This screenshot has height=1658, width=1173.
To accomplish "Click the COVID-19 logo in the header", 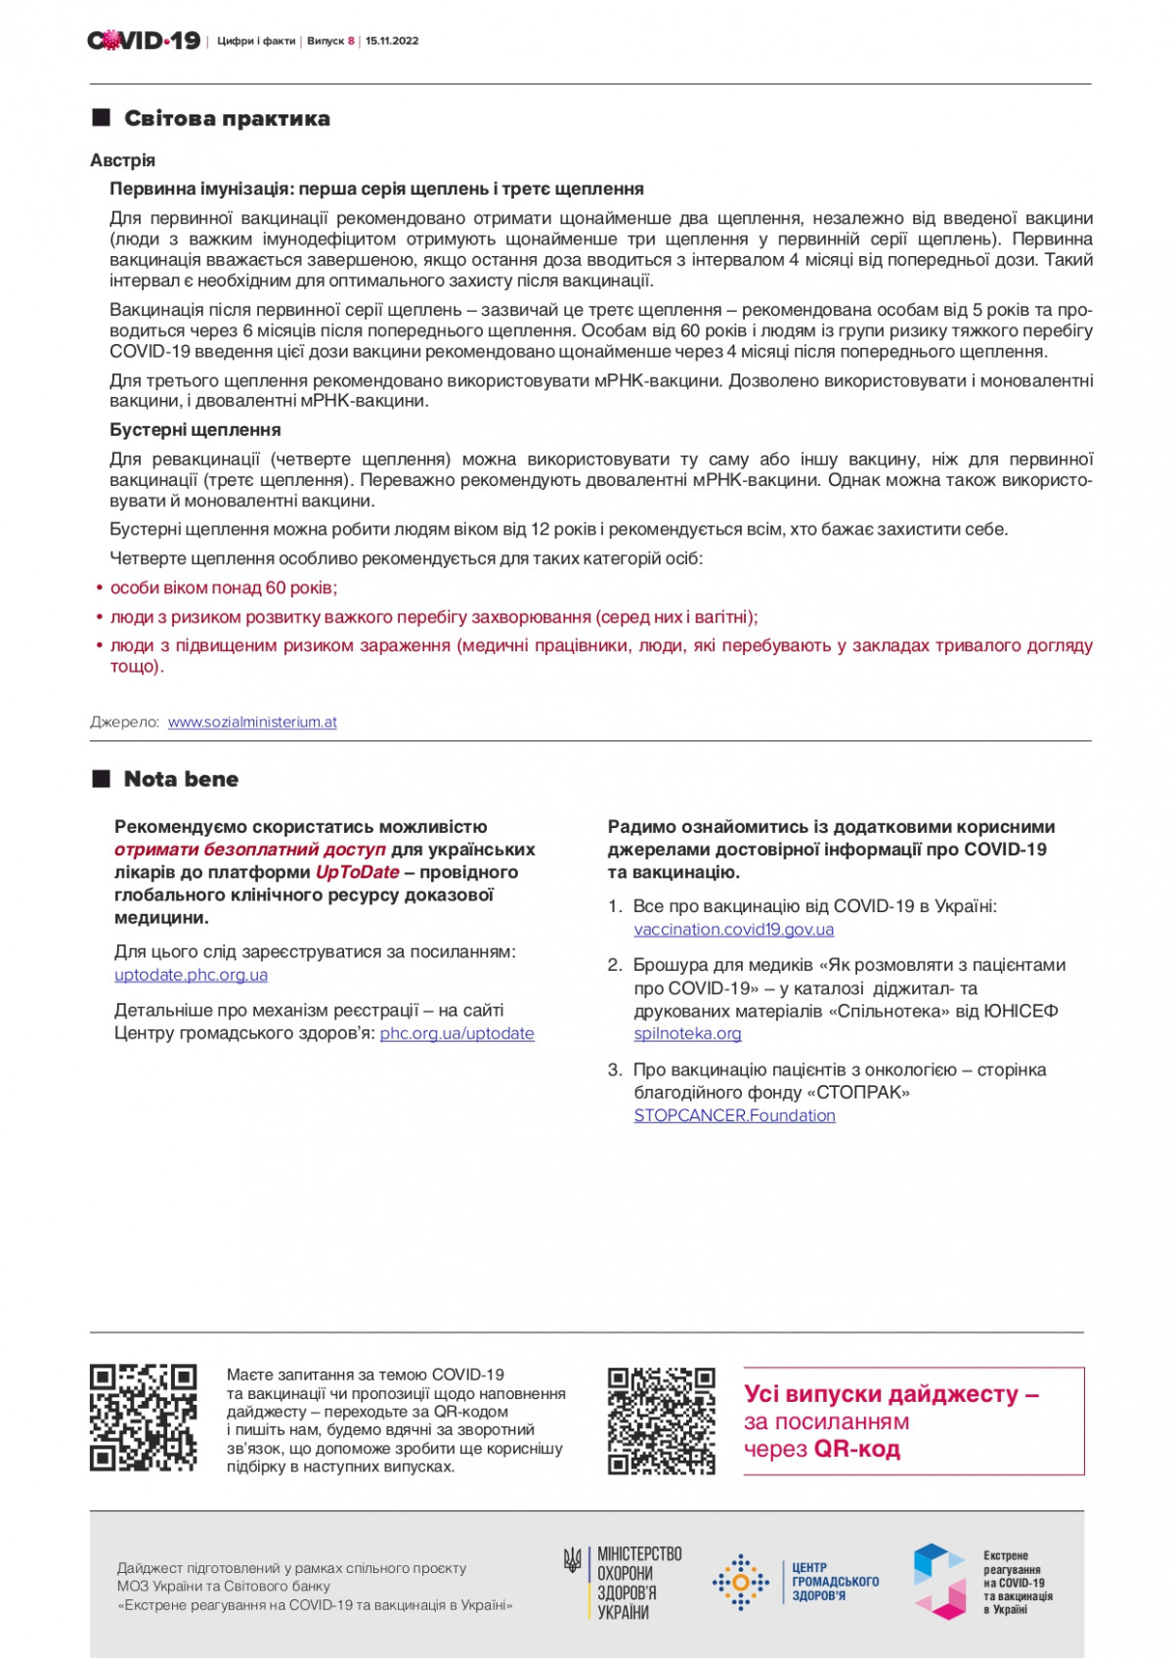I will point(144,40).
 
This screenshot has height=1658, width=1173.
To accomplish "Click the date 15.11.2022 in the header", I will point(392,41).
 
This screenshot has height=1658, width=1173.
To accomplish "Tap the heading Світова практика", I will point(227,118).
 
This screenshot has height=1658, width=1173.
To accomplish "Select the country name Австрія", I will point(122,160).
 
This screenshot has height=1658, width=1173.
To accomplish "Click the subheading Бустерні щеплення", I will point(195,430).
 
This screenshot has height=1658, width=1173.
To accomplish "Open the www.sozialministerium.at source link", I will point(252,722).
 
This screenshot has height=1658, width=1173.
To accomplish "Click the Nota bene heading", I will point(181,779).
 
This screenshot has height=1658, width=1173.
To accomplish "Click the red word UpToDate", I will point(357,872).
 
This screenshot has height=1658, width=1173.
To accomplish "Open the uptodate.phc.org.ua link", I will point(191,975).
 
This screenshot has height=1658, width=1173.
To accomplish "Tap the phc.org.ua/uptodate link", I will point(456,1033).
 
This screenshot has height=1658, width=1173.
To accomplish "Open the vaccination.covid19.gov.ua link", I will point(733,930).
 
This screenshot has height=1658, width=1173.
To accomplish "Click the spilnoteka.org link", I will point(687,1033).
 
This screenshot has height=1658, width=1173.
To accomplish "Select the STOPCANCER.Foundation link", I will point(734,1115).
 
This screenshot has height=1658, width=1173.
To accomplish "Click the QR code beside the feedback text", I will point(144,1418).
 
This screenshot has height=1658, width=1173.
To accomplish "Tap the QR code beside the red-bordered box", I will point(661,1420).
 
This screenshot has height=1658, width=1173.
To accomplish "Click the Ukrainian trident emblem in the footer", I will point(573,1559).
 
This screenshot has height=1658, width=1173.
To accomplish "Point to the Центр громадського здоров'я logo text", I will point(835,1581).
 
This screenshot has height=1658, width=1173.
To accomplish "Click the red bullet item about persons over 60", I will point(223,588).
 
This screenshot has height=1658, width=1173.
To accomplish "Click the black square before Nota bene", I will point(101,779).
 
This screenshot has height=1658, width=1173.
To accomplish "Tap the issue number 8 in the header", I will point(351,41).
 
